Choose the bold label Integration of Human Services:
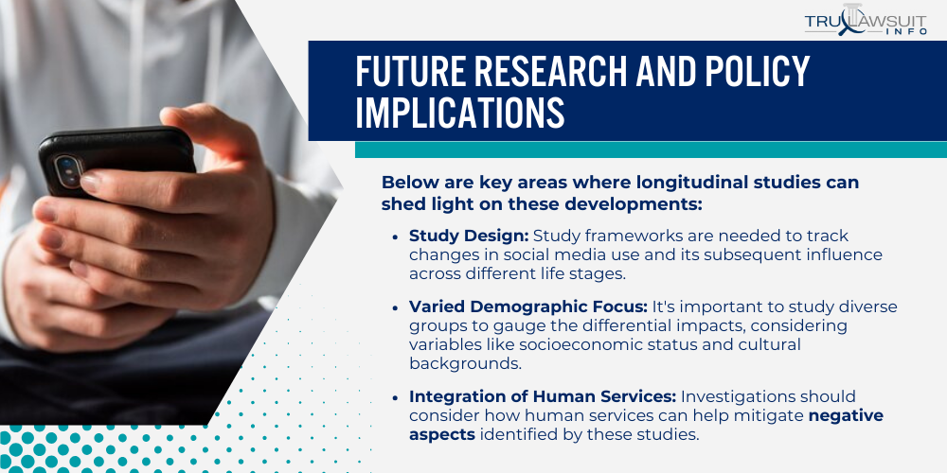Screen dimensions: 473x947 tap(543, 396)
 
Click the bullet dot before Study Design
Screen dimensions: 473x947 tap(395, 236)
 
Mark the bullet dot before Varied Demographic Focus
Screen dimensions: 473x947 tap(395, 308)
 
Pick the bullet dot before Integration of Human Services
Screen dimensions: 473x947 tap(395, 397)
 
